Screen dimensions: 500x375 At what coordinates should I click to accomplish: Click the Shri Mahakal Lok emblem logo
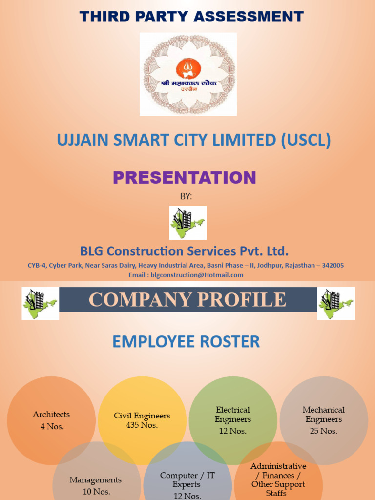coord(188,74)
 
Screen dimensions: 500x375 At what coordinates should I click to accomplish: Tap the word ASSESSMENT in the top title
coord(249,17)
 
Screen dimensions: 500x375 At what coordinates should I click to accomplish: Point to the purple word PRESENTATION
coord(185,177)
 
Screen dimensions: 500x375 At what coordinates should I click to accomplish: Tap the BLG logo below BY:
coord(188,223)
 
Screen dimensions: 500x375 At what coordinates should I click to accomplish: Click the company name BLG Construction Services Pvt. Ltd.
coord(184,251)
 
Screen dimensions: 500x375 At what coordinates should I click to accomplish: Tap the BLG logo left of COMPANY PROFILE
coord(40,303)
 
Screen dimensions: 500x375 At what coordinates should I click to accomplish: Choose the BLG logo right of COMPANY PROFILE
coord(336,303)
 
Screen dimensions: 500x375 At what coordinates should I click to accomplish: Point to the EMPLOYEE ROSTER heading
coord(186,342)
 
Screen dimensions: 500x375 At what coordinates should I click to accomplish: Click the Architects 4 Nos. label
coord(51,420)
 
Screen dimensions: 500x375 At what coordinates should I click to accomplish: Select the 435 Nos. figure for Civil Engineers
coord(142,425)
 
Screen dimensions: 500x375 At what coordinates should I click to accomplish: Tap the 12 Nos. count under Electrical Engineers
coord(233,431)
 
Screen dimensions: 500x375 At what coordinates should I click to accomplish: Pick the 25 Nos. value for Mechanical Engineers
coord(323,431)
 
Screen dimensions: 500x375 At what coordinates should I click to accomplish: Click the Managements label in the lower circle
coord(95,480)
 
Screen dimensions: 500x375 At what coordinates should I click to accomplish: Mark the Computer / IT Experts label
coord(187,479)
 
